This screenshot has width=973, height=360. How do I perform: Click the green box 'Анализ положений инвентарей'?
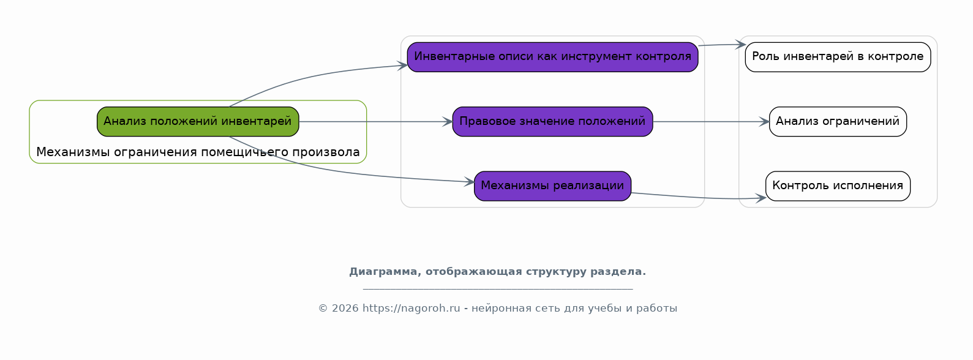pos(198,122)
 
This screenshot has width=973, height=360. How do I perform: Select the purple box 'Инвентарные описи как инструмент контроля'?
pos(552,57)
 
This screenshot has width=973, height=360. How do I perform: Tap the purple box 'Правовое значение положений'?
pos(552,122)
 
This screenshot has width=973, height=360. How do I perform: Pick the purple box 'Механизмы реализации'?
pos(552,186)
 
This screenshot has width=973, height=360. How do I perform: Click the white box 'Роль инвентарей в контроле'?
pos(838,57)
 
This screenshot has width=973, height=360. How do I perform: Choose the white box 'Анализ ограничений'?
pos(838,122)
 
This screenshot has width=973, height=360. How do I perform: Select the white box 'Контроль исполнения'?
pos(838,186)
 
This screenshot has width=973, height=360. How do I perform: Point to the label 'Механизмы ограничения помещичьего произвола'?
pos(198,152)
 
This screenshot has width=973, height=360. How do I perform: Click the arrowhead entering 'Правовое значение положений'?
pos(448,122)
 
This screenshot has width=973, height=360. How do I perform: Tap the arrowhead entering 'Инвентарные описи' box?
pos(402,66)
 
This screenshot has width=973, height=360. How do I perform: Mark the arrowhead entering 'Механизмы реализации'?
pos(469,182)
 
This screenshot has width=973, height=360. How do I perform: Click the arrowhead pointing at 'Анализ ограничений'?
pos(764,122)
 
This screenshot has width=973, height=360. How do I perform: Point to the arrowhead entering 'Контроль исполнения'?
pos(761,198)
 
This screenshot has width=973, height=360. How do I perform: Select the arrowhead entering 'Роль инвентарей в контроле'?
pos(740,44)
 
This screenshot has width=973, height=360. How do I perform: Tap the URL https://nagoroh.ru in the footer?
pos(411,309)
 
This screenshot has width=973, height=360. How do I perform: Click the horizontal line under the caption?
pos(498,289)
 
